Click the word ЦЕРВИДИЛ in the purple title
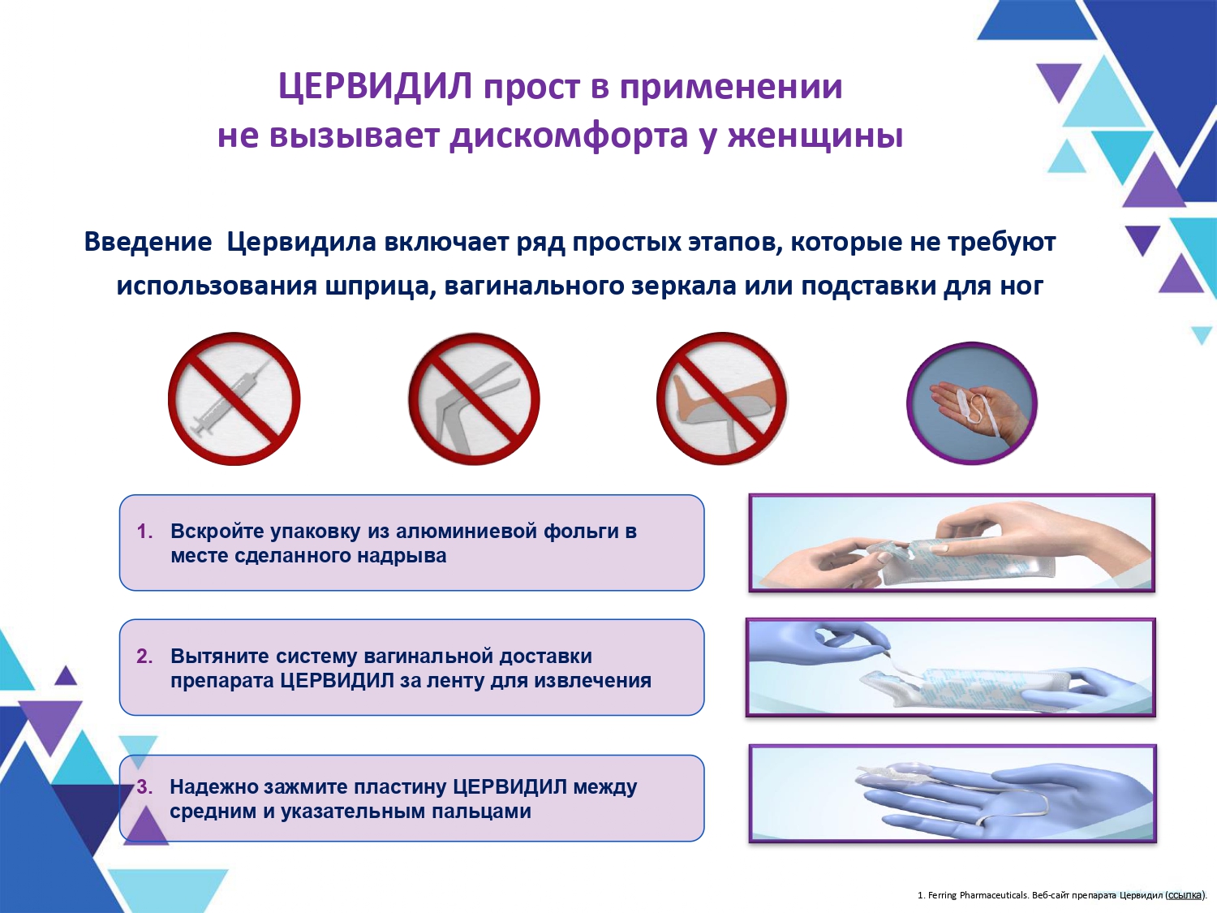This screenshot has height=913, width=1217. [x=376, y=87]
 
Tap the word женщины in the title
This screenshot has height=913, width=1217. [x=815, y=136]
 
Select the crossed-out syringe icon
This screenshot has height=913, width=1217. [x=234, y=399]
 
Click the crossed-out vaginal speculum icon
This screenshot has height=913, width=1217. [x=474, y=399]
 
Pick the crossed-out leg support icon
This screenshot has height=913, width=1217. [x=722, y=399]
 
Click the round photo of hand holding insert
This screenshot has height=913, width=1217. [x=972, y=403]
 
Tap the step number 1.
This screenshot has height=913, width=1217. [x=144, y=531]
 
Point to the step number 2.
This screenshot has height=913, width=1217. [x=144, y=656]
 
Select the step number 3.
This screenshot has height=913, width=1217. [x=144, y=786]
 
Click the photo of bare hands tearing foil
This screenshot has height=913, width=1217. [x=952, y=543]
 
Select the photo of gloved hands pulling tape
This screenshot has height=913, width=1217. [x=950, y=667]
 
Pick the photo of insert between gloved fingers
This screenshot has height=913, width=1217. [x=953, y=794]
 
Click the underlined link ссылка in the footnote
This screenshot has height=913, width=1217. [x=1184, y=894]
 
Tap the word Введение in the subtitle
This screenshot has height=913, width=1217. [x=148, y=242]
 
